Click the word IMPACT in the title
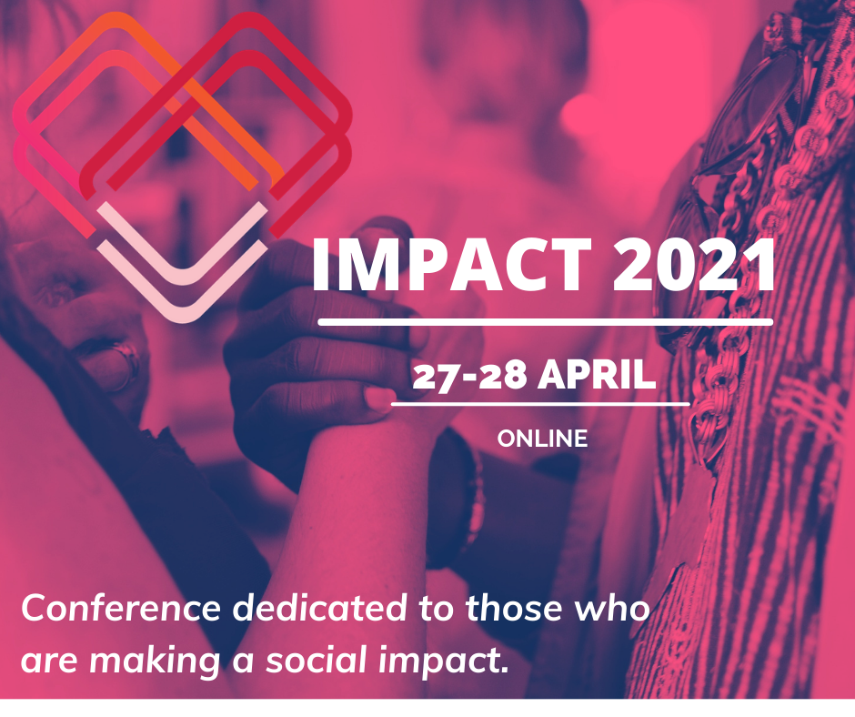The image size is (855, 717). (x=451, y=265)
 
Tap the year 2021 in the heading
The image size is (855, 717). (x=694, y=265)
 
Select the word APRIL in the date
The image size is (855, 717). (x=596, y=375)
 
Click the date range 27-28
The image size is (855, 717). (x=469, y=376)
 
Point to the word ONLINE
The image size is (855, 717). (x=542, y=439)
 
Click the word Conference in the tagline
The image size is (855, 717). (x=120, y=608)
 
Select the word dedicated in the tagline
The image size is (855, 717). (x=320, y=608)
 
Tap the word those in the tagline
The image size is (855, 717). (x=513, y=608)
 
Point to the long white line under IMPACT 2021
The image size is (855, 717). (x=545, y=322)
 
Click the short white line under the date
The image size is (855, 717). (x=540, y=404)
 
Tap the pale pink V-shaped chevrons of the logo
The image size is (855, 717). (x=183, y=261)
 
